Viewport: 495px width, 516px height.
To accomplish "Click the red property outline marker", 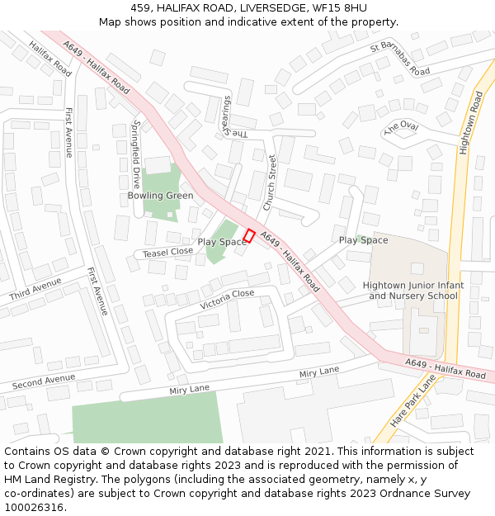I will click(248, 235).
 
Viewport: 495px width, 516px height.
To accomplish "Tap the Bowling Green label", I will click(160, 196).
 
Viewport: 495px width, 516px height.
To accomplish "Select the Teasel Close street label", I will click(168, 252).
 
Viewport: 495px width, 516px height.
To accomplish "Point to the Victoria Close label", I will click(227, 299).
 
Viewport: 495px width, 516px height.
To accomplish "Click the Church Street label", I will click(270, 182).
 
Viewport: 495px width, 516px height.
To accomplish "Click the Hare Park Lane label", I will click(413, 400).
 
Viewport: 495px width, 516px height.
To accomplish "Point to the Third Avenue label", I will click(35, 290).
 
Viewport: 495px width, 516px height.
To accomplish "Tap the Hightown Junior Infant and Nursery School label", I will click(413, 291).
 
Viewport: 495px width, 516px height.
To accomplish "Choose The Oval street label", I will click(401, 127).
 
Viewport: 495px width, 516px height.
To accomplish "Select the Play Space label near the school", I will click(363, 240).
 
